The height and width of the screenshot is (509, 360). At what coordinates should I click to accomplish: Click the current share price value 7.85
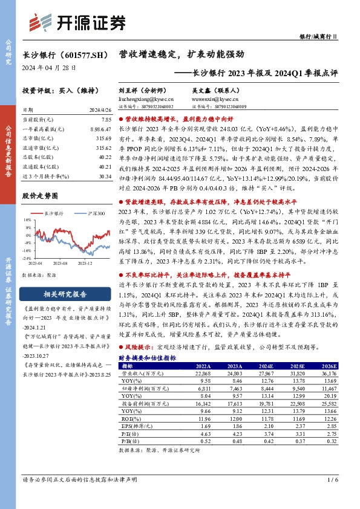tap(106, 120)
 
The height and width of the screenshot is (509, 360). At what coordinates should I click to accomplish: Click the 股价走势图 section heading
tap(39, 196)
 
